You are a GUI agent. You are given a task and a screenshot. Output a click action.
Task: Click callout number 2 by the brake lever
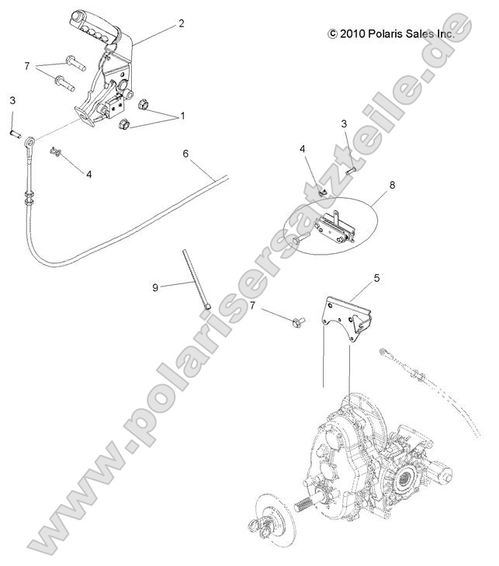click(x=181, y=23)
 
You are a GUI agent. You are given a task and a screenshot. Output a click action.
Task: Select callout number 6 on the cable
click(x=185, y=154)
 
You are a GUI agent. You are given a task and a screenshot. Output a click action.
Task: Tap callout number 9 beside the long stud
click(x=155, y=287)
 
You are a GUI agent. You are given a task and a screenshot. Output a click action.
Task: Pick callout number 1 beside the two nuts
click(x=182, y=116)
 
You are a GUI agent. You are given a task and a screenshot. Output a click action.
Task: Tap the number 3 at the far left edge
click(x=12, y=100)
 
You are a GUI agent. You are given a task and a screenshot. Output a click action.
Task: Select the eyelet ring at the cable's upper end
click(x=29, y=143)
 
